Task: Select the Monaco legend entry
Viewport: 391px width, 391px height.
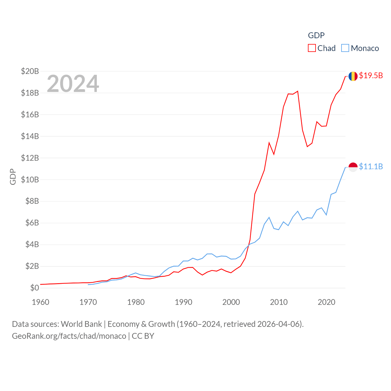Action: [360, 48]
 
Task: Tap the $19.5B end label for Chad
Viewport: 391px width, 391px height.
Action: [371, 75]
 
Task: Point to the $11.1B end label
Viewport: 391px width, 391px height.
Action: [371, 166]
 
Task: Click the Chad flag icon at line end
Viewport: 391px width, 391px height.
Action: [353, 76]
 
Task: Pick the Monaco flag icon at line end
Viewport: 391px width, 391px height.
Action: [353, 167]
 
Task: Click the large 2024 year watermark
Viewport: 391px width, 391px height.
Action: [73, 83]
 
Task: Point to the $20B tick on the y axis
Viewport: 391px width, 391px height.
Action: [30, 71]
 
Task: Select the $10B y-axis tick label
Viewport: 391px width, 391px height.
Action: [30, 180]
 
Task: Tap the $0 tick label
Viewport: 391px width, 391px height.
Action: [35, 288]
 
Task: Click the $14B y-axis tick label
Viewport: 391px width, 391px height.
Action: [30, 136]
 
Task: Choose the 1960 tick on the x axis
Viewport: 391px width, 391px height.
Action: [41, 302]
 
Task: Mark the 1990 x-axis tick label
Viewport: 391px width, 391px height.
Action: [184, 302]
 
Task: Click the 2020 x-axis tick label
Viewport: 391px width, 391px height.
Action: [327, 302]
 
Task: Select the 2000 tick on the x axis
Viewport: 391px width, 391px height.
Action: [231, 302]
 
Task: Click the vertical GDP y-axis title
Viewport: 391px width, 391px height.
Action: [13, 177]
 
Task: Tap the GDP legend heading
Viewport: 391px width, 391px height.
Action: [316, 35]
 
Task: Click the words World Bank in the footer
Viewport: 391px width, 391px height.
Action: [81, 324]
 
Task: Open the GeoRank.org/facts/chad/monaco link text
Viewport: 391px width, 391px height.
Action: [69, 336]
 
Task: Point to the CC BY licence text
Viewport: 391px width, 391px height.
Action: [143, 336]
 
